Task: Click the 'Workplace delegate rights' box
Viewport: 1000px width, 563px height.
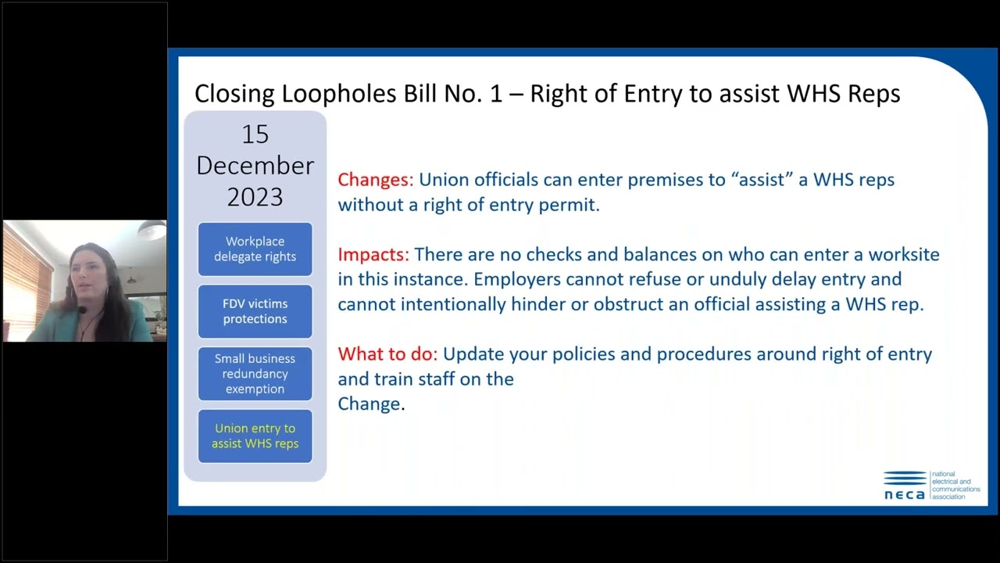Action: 255,249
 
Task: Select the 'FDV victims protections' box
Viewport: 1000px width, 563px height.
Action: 255,311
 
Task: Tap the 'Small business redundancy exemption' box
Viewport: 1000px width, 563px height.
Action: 255,374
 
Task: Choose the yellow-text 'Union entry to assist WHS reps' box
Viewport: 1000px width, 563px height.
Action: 255,436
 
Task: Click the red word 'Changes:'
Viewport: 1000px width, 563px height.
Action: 375,180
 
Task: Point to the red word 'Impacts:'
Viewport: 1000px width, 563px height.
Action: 373,255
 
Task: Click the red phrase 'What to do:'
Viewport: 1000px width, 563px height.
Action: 387,354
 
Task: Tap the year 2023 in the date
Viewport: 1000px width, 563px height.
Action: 255,196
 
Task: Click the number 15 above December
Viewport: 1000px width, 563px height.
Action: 255,134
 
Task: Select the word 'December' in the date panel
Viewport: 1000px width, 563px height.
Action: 255,166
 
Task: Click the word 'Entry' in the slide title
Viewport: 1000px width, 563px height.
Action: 654,94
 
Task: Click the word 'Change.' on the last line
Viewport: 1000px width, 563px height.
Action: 371,404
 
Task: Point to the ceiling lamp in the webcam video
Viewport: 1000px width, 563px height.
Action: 152,230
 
